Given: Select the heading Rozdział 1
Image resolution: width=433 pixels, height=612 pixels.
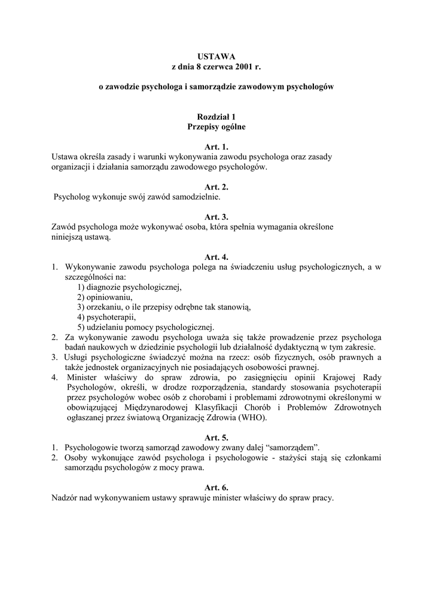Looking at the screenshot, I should [x=216, y=117].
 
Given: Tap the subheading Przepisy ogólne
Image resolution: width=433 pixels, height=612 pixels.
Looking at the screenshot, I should [x=216, y=127].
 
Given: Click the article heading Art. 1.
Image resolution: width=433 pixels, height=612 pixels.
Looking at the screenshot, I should [x=216, y=147].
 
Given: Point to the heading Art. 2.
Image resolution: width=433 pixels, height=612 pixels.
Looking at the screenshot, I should [x=216, y=187].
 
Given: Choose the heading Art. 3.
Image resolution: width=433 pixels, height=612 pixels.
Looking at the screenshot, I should [x=216, y=217].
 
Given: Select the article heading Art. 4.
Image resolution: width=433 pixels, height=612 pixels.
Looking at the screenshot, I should [x=216, y=257].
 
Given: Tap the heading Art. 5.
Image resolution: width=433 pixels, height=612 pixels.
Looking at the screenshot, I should [x=216, y=437].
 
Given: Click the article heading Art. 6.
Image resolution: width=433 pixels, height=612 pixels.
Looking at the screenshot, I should [x=216, y=487].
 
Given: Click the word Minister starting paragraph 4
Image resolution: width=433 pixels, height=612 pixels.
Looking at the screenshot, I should [x=80, y=378].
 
